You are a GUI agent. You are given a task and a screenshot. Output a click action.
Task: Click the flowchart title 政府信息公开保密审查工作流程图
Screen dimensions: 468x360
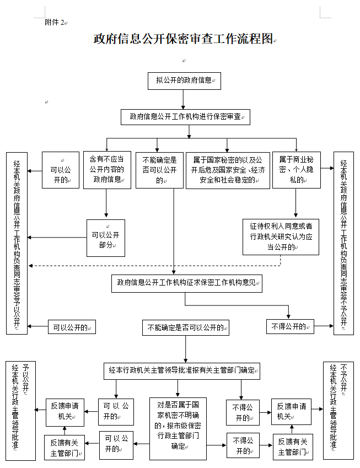click(184, 39)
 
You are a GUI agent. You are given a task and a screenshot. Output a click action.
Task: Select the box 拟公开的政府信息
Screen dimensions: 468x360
click(184, 80)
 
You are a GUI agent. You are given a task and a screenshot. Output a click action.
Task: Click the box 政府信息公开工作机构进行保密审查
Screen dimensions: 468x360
click(185, 117)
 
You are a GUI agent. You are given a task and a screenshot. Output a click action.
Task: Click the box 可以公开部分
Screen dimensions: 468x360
click(105, 238)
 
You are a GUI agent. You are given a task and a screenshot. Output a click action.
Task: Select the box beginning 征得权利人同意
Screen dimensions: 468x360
click(281, 236)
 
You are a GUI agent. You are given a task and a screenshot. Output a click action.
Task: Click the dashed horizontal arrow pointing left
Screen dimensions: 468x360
click(154, 266)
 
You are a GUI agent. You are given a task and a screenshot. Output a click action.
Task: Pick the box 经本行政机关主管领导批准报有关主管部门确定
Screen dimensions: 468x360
click(182, 370)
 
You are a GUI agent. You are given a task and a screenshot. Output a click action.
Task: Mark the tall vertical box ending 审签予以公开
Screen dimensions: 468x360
click(17, 243)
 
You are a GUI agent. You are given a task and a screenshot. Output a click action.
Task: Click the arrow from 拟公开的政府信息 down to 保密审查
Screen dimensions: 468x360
click(184, 99)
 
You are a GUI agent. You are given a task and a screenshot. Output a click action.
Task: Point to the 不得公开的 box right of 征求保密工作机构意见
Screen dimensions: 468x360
click(290, 326)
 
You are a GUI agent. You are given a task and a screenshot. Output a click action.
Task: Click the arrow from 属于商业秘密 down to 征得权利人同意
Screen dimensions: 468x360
click(296, 203)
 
